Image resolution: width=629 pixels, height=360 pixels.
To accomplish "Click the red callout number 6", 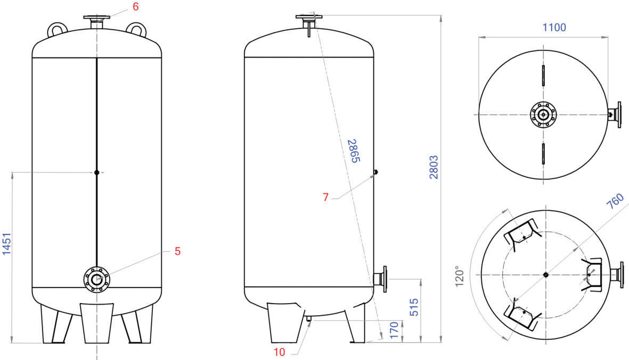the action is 136,7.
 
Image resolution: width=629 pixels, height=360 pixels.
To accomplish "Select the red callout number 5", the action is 177,251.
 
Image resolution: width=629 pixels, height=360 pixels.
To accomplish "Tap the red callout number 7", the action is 326,197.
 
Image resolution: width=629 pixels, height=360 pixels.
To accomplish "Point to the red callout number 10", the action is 279,352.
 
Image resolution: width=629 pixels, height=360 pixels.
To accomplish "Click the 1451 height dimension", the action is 7,244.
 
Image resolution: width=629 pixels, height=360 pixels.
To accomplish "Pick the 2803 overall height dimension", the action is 434,167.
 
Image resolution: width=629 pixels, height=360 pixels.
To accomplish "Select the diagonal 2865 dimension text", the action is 354,151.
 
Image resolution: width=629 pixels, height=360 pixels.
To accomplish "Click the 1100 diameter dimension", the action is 554,27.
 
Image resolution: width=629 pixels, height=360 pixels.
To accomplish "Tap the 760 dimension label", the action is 615,201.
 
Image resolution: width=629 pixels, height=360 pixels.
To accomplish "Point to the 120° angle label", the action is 459,276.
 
